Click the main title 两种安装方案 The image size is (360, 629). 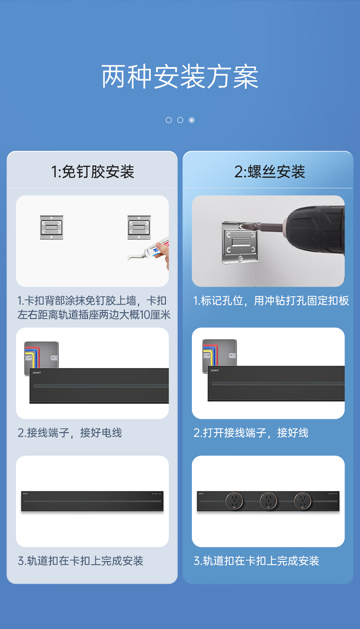coord(180,77)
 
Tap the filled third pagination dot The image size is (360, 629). coord(191,120)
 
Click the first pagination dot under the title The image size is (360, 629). coord(169,120)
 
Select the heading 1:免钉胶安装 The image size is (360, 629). coord(93,171)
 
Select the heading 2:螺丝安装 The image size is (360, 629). coord(270,171)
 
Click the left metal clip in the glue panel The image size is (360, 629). coord(51,227)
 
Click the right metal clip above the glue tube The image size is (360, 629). coord(139,227)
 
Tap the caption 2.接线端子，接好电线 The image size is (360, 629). coord(70,433)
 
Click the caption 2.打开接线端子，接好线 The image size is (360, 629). coord(251,433)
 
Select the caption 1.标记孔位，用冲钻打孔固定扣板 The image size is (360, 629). coord(271,300)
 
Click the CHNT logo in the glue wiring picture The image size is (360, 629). coord(37,373)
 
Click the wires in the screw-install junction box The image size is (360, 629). coord(210,354)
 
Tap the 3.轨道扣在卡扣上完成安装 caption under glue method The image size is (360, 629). coord(80,561)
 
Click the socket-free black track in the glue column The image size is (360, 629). coord(92,501)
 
